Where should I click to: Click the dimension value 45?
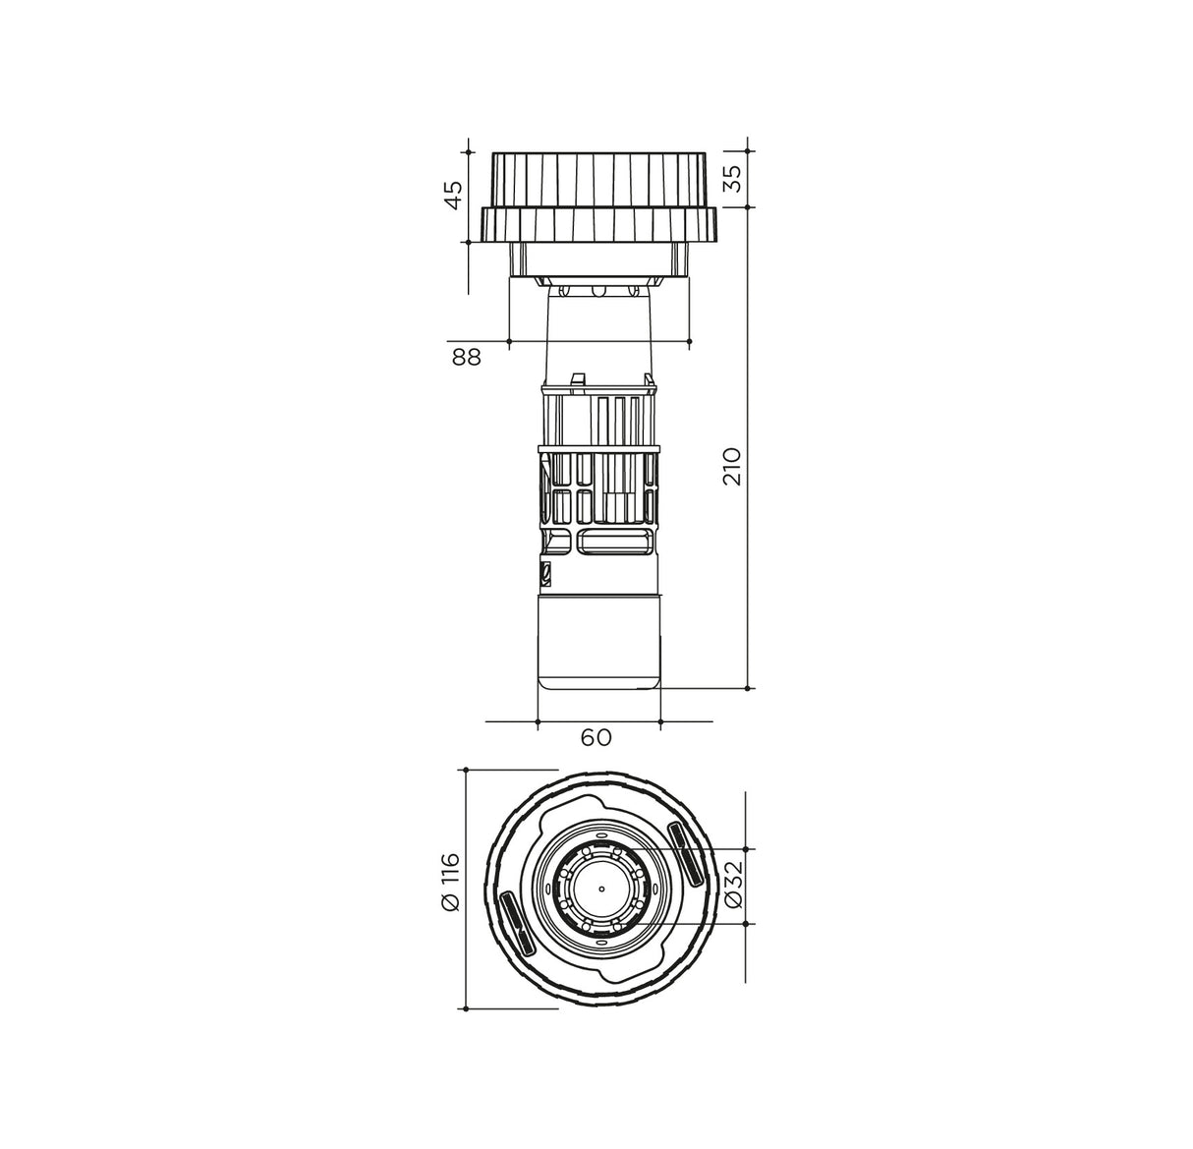pos(453,196)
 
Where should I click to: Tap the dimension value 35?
pos(733,179)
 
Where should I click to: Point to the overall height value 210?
pos(733,467)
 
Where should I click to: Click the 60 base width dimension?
pos(596,737)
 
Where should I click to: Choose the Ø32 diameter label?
pos(732,887)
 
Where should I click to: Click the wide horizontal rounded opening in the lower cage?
pos(613,539)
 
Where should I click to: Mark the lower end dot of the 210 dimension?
pos(751,688)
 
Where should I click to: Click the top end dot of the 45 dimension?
pos(468,152)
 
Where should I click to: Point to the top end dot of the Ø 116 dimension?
pos(468,770)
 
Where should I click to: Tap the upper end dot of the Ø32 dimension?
pos(751,848)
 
